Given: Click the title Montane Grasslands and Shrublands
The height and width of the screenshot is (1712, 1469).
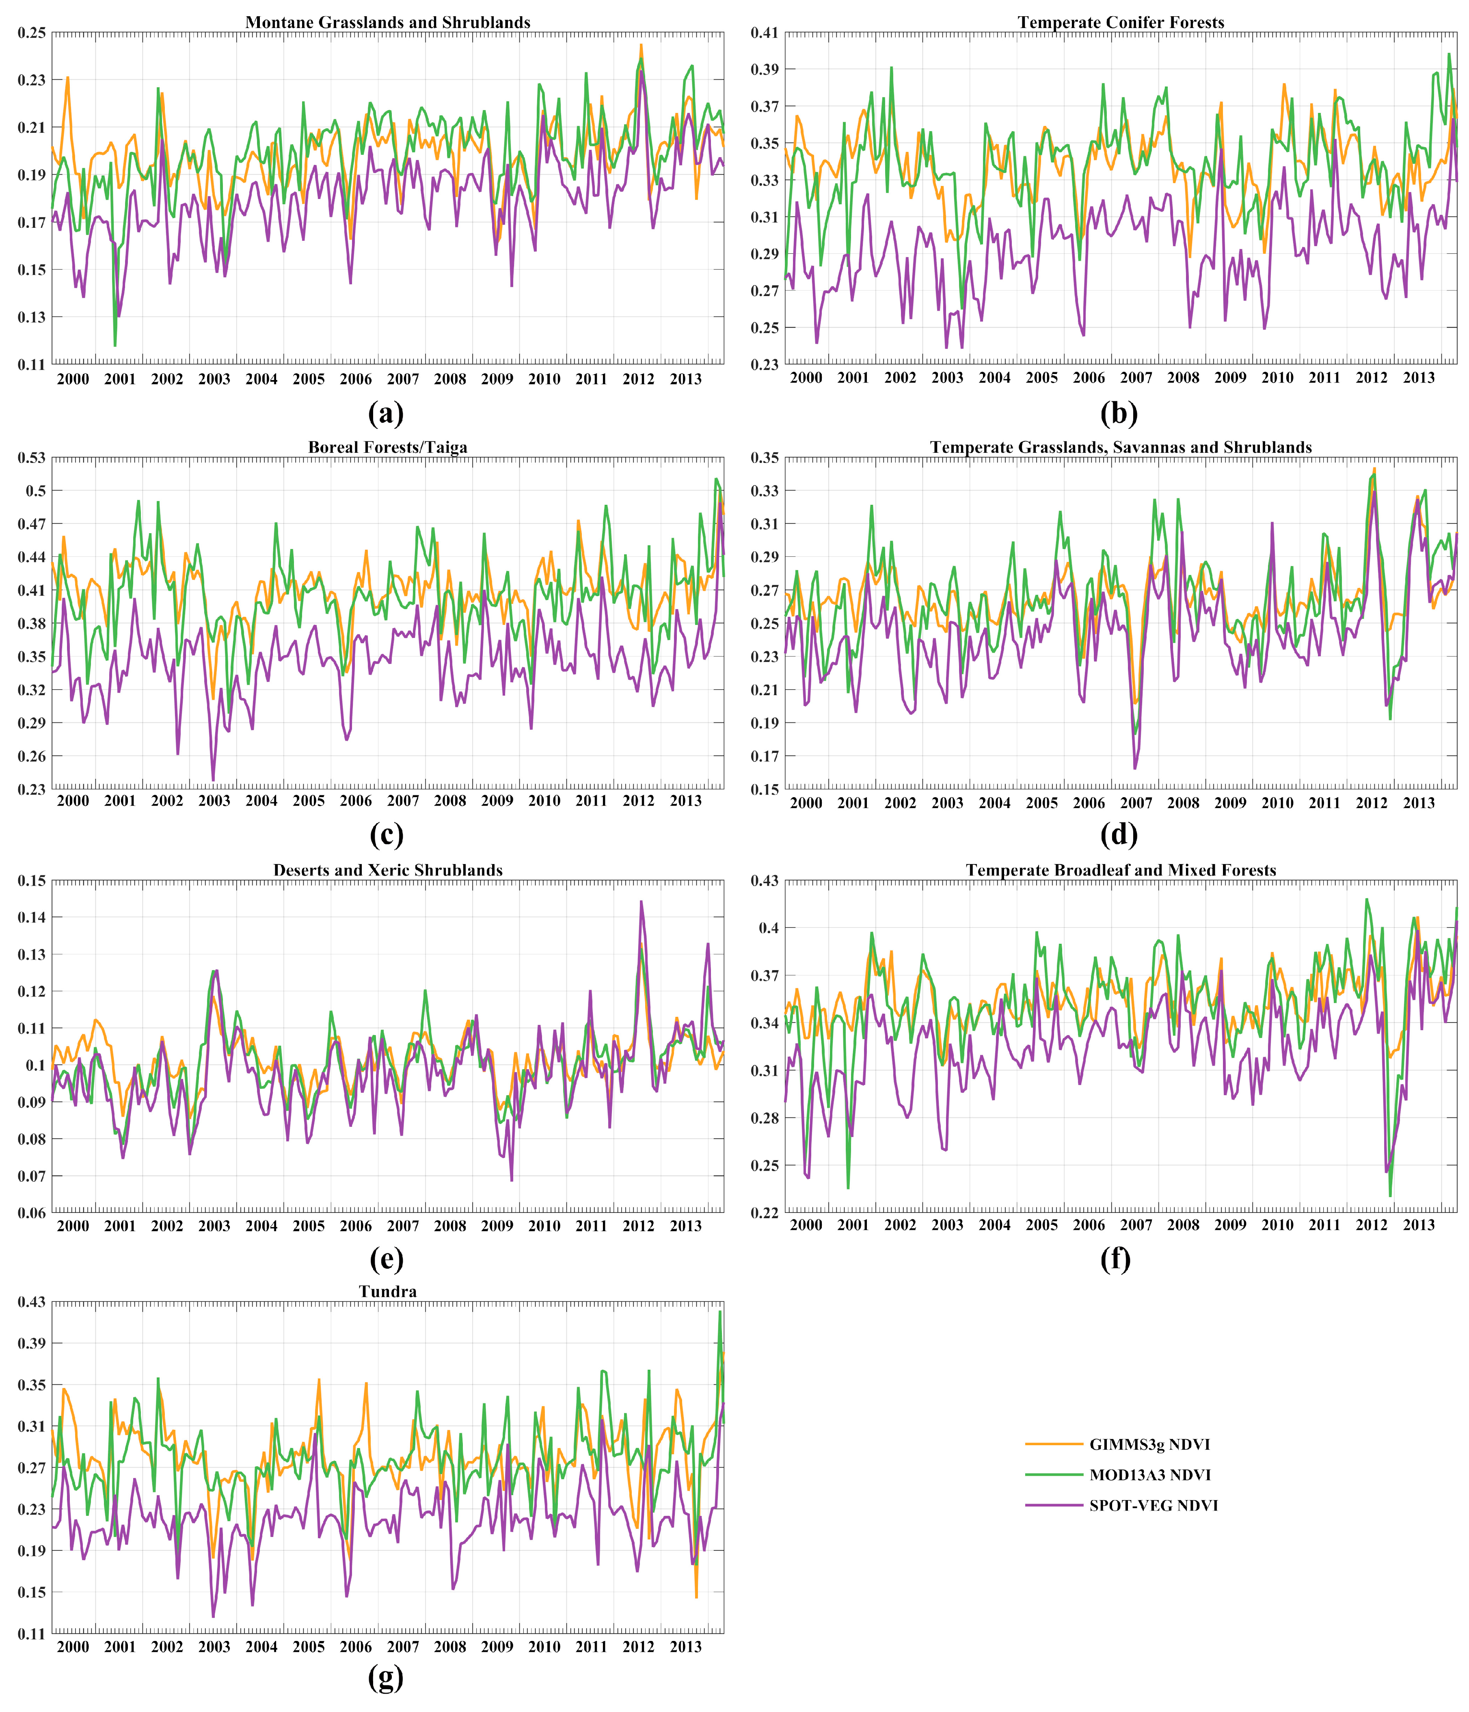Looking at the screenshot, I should click(387, 22).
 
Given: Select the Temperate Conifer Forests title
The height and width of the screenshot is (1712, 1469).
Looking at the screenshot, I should click(1120, 22).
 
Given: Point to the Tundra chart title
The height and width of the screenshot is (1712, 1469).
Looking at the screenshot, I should click(387, 1291).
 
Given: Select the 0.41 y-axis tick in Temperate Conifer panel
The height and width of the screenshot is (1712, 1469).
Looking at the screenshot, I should click(764, 33).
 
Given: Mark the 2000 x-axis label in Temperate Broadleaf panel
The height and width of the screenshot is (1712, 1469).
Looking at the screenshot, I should click(806, 1226).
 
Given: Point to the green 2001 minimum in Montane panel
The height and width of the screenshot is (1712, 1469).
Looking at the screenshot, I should click(115, 346).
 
